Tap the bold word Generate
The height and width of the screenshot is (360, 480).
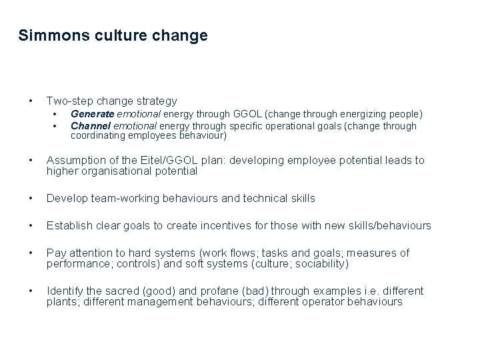pos(92,115)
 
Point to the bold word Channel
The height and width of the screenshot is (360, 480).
pos(91,125)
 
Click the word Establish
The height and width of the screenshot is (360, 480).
pos(68,225)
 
